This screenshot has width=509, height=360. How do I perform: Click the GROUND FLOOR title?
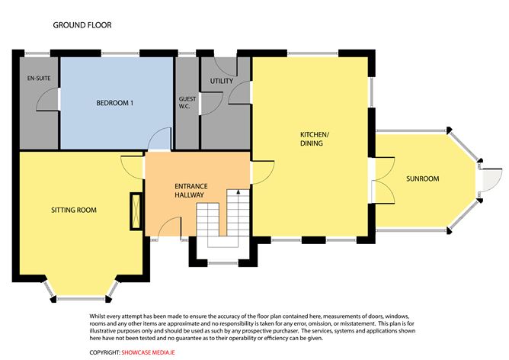[82, 25]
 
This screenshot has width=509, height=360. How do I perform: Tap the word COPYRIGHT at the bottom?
[104, 352]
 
